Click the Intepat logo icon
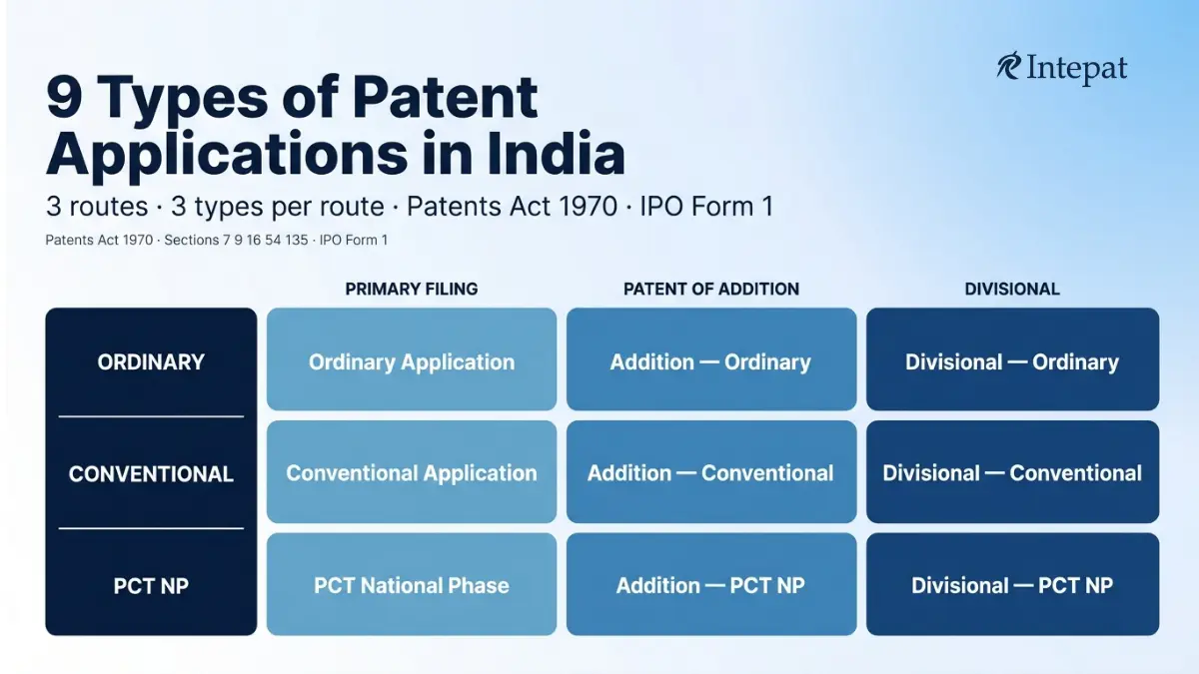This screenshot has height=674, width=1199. [x=1009, y=66]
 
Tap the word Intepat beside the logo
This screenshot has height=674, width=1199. [x=1077, y=70]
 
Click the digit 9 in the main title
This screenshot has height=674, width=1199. [x=64, y=97]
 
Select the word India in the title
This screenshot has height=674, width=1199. [x=557, y=154]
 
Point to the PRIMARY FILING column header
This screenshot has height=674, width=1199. [x=411, y=289]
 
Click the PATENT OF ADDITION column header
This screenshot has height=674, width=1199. [x=711, y=289]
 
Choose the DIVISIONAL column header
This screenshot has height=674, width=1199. [x=1012, y=289]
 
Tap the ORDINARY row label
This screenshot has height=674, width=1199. [x=151, y=362]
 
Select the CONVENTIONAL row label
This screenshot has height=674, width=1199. [x=151, y=474]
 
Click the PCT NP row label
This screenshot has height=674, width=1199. [x=151, y=586]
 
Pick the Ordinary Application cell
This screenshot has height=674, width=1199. [x=412, y=358]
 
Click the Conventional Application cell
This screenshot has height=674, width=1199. [x=412, y=471]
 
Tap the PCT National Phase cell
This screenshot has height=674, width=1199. [x=412, y=584]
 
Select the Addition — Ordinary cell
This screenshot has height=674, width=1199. [x=711, y=358]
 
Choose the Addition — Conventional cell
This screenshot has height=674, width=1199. [x=711, y=471]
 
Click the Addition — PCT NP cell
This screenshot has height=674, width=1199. [x=711, y=584]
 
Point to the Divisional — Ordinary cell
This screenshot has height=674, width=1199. [x=1013, y=358]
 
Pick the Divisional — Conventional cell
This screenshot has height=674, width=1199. [x=1013, y=471]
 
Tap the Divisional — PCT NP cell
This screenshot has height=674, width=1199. [x=1013, y=584]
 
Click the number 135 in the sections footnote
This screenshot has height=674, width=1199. [x=297, y=241]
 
